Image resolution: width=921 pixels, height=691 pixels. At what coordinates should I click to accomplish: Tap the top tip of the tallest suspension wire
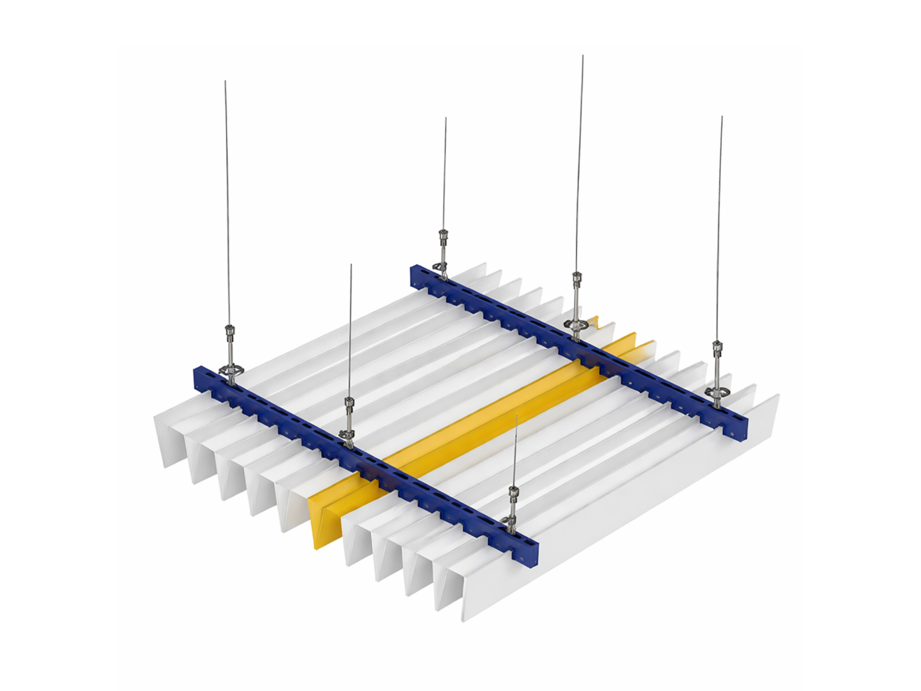coord(583,56)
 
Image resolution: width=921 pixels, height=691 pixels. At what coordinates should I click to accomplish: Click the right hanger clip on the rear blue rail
coord(716,391)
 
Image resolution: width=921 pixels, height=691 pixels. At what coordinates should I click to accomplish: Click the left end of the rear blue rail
coord(414,274)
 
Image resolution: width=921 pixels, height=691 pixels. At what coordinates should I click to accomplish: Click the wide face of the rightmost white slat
coord(630,504)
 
